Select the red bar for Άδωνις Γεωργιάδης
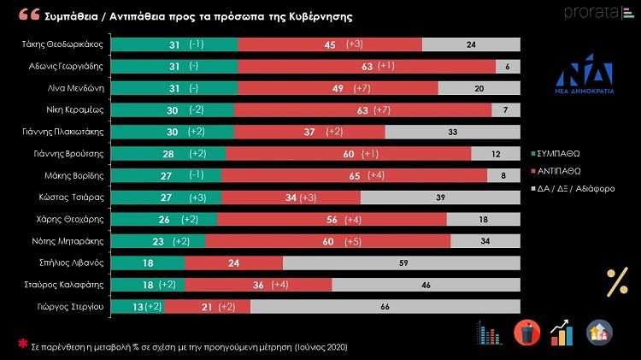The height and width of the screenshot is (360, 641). click(x=368, y=67)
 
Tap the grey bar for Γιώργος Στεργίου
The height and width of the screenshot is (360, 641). click(x=385, y=306)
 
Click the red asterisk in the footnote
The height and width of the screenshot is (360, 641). click(x=23, y=344)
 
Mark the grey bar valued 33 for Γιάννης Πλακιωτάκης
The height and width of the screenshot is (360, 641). click(x=452, y=132)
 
